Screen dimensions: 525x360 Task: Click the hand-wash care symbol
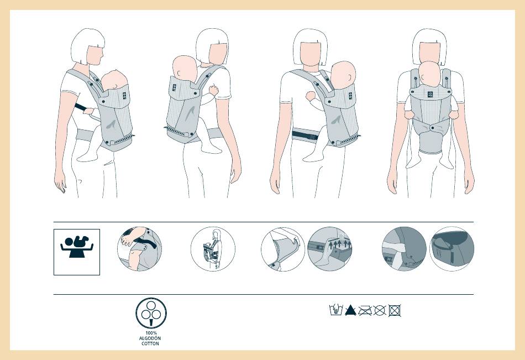coord(336,310)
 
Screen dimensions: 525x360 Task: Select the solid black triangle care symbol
coord(350,310)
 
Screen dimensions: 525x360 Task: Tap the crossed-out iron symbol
coord(365,311)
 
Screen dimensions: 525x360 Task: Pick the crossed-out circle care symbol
coord(380,310)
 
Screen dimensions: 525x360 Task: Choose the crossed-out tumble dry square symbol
coord(395,310)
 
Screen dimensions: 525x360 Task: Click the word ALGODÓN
coord(150,338)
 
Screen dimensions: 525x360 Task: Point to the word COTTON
coord(150,343)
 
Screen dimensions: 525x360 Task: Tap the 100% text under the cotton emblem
coord(151,333)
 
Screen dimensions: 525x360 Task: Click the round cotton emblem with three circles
coord(151,313)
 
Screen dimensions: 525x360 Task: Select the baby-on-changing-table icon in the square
coord(77,247)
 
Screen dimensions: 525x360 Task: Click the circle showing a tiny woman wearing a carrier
coord(213,249)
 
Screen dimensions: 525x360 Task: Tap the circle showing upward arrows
coord(330,249)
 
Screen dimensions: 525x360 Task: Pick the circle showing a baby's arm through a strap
coord(139,249)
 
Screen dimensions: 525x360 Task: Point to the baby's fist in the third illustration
coord(311,96)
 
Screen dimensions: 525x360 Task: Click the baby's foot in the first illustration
coord(86,157)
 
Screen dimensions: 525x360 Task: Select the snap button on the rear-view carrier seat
coord(432,128)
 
